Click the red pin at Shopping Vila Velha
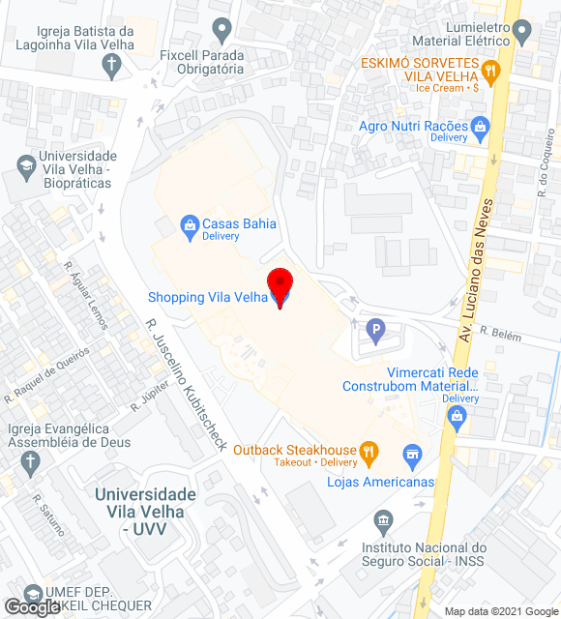(280, 285)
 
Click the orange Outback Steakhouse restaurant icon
(368, 451)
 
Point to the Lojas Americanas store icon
(412, 454)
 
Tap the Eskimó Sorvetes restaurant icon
(490, 69)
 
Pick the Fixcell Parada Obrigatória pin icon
(224, 29)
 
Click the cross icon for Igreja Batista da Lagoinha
(111, 66)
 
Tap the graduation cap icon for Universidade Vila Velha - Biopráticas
(23, 167)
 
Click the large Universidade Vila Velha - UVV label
(145, 512)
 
